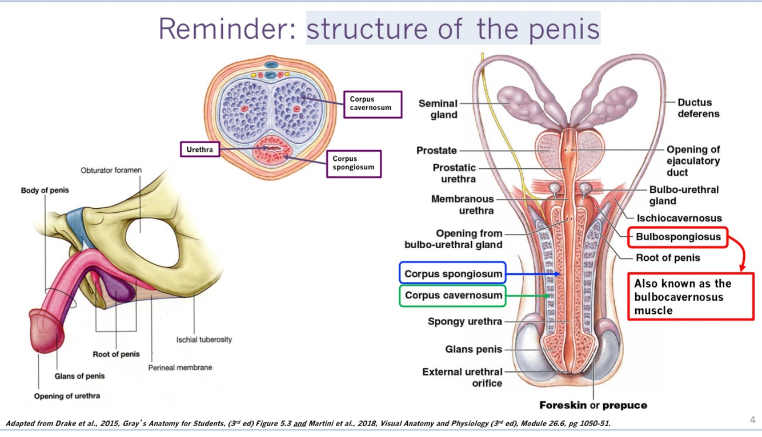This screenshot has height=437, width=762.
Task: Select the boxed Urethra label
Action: (199, 150)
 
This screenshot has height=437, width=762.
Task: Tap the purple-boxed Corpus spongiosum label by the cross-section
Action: (354, 163)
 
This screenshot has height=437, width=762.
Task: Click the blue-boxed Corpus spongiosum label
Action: (453, 274)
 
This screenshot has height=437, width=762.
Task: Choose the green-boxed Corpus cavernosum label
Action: (454, 296)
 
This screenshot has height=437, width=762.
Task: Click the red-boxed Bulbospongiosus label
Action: (678, 237)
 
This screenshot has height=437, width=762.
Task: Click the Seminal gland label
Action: (438, 109)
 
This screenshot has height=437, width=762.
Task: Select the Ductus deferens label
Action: (698, 108)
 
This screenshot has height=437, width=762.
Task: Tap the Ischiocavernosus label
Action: (679, 218)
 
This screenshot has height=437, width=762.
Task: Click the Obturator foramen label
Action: (111, 170)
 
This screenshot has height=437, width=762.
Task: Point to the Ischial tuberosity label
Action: (204, 339)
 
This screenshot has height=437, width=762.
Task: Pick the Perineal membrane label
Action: (180, 367)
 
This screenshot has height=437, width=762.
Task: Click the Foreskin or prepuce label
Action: (593, 405)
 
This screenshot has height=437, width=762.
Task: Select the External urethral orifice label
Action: (462, 377)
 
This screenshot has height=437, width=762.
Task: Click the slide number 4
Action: (752, 420)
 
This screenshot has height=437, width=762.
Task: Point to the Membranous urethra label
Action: (462, 205)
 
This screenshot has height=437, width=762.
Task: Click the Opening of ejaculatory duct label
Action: (693, 161)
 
